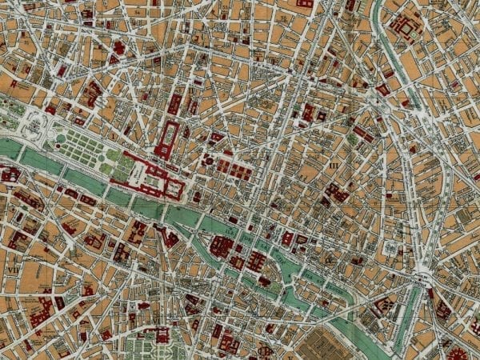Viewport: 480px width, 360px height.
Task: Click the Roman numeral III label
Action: (334, 165)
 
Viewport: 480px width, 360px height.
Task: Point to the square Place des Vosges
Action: (389, 248)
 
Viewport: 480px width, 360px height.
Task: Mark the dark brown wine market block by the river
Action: (328, 340)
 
